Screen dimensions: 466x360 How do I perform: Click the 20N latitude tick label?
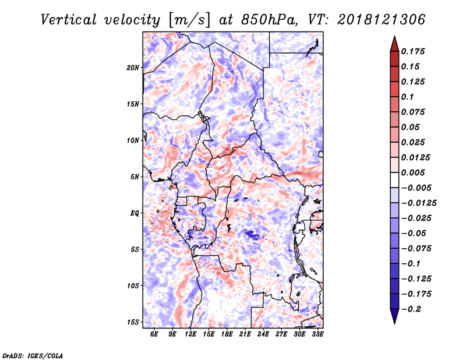tap(133, 68)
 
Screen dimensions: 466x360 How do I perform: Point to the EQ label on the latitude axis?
tap(135, 213)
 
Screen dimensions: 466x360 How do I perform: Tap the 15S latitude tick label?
tap(133, 322)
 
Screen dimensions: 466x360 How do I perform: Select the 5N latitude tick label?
tap(135, 177)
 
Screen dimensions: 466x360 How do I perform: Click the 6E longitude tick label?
tap(154, 334)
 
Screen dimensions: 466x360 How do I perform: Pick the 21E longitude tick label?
tap(245, 334)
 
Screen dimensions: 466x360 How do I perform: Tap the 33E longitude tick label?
tap(317, 334)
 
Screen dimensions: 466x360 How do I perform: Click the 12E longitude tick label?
tap(190, 334)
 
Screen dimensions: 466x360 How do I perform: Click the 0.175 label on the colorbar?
tap(413, 51)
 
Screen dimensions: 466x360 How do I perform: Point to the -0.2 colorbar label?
tap(411, 309)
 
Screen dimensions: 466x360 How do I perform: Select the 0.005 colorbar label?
tap(413, 172)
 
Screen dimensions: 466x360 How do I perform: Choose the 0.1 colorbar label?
tap(407, 97)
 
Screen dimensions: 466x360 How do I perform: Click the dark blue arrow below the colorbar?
tap(394, 316)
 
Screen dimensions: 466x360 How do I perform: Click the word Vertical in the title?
tap(69, 20)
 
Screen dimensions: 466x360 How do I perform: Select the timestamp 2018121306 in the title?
tap(382, 20)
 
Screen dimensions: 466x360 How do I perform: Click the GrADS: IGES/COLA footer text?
tap(33, 355)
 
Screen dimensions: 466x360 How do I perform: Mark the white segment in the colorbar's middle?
tap(394, 180)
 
